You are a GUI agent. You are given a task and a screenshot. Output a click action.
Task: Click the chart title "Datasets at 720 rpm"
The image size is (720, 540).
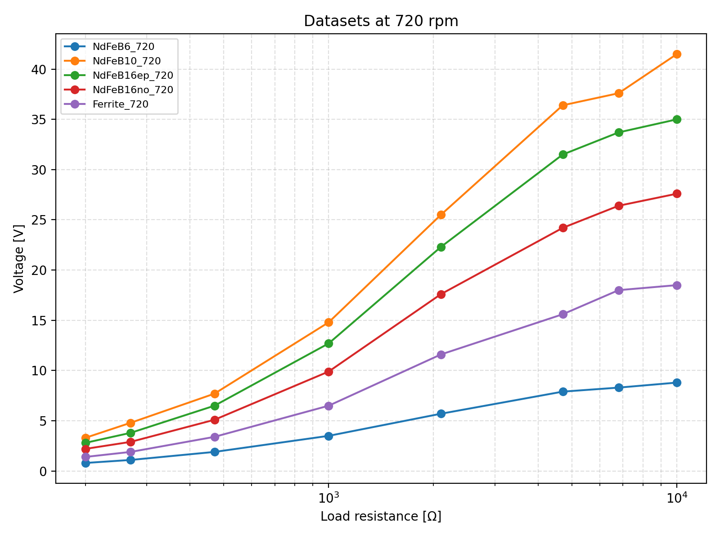pyautogui.click(x=381, y=21)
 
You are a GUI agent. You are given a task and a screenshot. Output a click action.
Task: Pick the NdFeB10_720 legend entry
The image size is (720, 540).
pyautogui.click(x=126, y=61)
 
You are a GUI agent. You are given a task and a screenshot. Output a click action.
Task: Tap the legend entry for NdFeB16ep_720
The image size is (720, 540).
pyautogui.click(x=133, y=75)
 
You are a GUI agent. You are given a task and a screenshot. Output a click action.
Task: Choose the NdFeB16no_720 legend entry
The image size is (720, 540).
pyautogui.click(x=133, y=90)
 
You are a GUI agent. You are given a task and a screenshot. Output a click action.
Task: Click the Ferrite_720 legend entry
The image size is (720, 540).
pyautogui.click(x=120, y=104)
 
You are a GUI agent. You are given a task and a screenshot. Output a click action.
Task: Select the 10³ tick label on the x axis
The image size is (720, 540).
pyautogui.click(x=328, y=497)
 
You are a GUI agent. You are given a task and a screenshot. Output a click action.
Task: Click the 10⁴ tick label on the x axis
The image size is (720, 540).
pyautogui.click(x=677, y=497)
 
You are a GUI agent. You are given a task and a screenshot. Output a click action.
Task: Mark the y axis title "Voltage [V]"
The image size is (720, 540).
pyautogui.click(x=18, y=259)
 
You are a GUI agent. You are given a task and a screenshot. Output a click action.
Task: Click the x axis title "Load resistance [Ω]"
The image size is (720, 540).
pyautogui.click(x=381, y=516)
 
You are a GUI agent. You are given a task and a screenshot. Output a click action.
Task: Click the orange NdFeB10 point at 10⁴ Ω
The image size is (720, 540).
pyautogui.click(x=677, y=54)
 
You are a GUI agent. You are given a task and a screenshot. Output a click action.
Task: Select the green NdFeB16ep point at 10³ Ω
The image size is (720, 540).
pyautogui.click(x=328, y=343)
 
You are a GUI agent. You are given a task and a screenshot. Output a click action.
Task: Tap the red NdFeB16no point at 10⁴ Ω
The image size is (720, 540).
pyautogui.click(x=677, y=194)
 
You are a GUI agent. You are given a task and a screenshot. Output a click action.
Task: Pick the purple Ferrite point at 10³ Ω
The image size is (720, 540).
pyautogui.click(x=328, y=406)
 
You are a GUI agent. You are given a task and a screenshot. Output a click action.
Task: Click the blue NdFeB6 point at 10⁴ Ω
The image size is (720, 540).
pyautogui.click(x=677, y=383)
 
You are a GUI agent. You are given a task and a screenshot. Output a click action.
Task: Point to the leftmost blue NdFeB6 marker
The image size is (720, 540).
pyautogui.click(x=85, y=463)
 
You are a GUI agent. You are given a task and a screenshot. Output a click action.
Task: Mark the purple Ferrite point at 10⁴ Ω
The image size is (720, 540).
pyautogui.click(x=677, y=285)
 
